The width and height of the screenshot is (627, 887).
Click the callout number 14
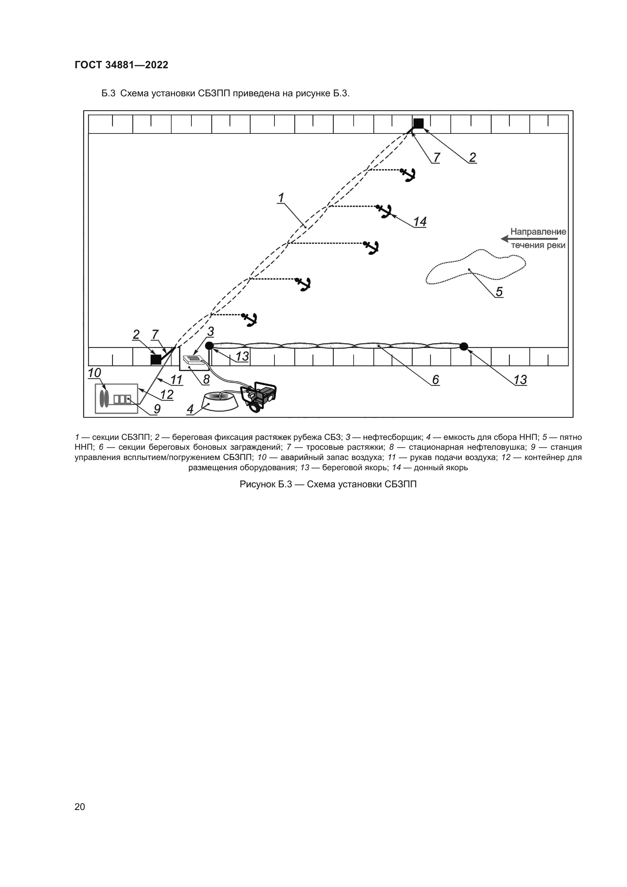pos(420,222)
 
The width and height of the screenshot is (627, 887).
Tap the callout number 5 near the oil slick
pos(499,292)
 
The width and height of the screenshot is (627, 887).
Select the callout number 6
pos(436,380)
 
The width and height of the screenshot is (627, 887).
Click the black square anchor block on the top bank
pos(419,124)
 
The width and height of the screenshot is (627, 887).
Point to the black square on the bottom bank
pos(155,359)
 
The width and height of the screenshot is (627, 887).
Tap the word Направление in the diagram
pos(538,232)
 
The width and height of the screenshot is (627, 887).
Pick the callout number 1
pos(281,198)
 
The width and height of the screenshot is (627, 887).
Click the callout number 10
pos(94,373)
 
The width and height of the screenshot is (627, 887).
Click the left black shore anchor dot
pos(209,345)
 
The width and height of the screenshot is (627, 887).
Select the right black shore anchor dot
pos(464,347)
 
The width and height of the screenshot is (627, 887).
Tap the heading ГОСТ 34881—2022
pos(121,65)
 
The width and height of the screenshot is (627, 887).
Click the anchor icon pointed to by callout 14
pos(384,211)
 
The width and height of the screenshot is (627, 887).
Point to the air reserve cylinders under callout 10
pos(104,398)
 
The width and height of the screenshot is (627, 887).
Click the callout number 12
pos(167,394)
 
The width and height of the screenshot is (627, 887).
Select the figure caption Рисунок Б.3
pos(328,484)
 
